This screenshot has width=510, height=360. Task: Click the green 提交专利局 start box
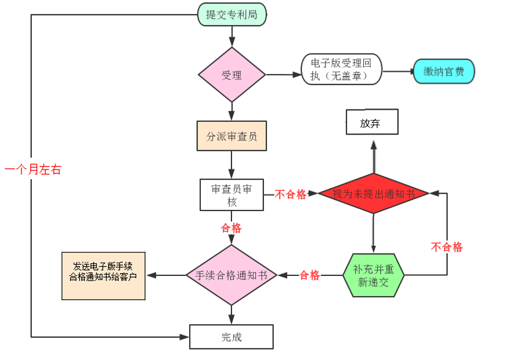(232, 15)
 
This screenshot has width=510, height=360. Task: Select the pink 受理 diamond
(232, 75)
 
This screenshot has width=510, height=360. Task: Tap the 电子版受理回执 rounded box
(342, 69)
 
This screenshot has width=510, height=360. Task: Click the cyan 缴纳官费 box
(444, 71)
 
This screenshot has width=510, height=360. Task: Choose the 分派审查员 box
(232, 136)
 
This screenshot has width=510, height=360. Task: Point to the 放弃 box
(372, 122)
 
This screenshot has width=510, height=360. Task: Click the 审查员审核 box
(232, 195)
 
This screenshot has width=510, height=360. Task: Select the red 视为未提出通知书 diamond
(373, 194)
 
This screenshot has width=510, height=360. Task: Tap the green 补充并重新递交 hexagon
(373, 275)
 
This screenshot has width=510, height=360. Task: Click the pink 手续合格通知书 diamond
(232, 275)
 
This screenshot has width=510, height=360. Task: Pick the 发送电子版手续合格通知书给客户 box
(103, 275)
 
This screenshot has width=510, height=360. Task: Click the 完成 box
(232, 337)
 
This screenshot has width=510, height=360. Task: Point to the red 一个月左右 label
(32, 170)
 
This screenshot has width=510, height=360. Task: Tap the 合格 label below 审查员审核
(232, 228)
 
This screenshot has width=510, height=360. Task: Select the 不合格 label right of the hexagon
(447, 248)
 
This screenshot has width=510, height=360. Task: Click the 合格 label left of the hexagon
(310, 275)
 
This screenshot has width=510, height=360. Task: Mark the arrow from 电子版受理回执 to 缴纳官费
(398, 72)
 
